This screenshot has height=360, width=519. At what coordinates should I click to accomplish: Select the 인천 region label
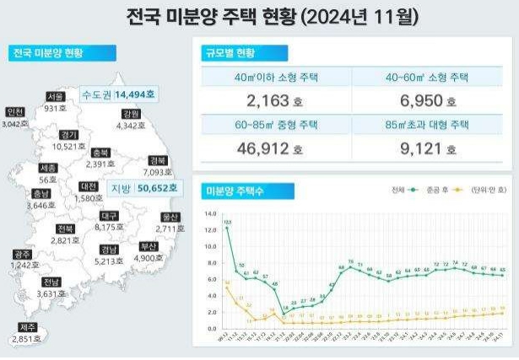(15, 112)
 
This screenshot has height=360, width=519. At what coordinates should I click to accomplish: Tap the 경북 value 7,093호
(157, 171)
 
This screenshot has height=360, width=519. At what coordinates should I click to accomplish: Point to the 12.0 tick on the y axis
(211, 213)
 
